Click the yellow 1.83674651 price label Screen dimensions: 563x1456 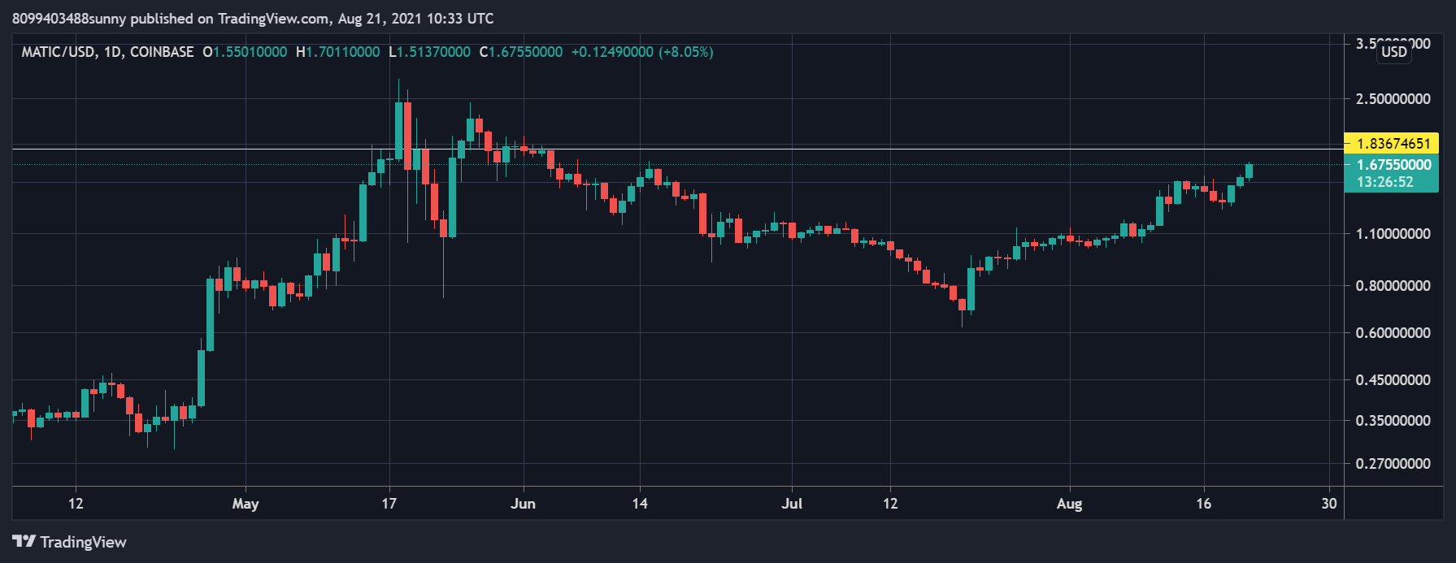(1393, 144)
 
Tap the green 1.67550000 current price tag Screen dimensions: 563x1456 (1393, 165)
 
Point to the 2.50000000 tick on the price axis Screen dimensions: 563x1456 (1393, 99)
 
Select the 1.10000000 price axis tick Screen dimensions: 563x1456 (1393, 234)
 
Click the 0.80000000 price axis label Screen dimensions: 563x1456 (1393, 286)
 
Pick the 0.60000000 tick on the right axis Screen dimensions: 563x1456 (1393, 333)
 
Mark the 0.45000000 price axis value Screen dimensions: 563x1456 (1393, 380)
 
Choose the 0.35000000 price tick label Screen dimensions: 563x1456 (1393, 421)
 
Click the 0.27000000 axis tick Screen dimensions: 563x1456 (1393, 464)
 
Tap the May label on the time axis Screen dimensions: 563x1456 (246, 504)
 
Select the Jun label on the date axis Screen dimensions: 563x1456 (524, 504)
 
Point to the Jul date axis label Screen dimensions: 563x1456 (792, 504)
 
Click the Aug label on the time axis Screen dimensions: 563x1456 (1070, 504)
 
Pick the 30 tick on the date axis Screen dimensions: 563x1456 (1329, 504)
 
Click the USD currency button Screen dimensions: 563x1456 (1394, 52)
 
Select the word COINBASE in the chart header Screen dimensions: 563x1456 (162, 52)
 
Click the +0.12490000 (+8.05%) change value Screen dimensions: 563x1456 (642, 52)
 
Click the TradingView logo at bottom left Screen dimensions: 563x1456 (70, 542)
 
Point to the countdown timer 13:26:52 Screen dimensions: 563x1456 (1385, 182)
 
